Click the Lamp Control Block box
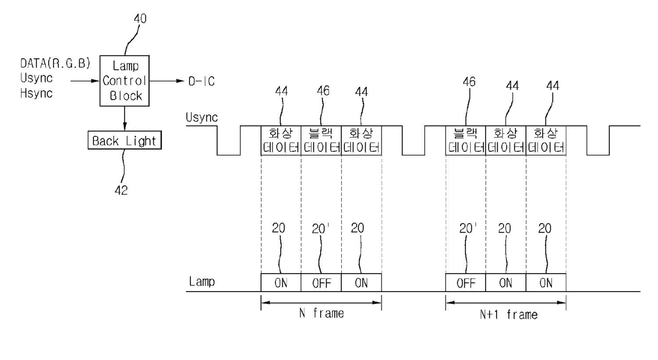(x=125, y=81)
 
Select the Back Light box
(x=125, y=141)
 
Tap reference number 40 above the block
(x=140, y=19)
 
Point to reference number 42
(x=121, y=190)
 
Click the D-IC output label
(x=202, y=81)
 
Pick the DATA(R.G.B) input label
(x=55, y=64)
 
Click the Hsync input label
(x=37, y=93)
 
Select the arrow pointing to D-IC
(x=167, y=81)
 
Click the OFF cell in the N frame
(x=321, y=283)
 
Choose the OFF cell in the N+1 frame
(x=465, y=283)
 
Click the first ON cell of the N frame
(x=281, y=283)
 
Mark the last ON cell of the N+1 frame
(x=546, y=283)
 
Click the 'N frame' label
(x=322, y=313)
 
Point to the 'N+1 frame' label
(x=509, y=314)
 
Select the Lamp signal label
(x=202, y=282)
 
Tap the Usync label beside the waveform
(x=202, y=117)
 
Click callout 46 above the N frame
(x=323, y=91)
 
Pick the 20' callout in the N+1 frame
(x=468, y=229)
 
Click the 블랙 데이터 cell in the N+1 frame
(x=465, y=141)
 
